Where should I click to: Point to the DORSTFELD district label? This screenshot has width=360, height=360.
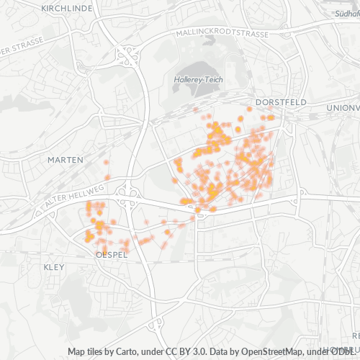tap(281, 102)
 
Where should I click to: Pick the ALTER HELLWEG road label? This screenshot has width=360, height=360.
tap(73, 195)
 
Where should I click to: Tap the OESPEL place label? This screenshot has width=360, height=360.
tap(112, 255)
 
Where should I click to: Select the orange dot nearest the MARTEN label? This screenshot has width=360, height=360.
tap(107, 177)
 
